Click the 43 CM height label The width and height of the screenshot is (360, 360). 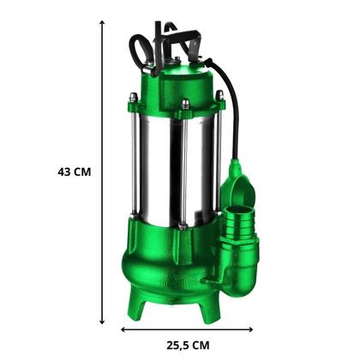coord(75,172)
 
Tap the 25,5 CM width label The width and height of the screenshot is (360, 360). coord(188,345)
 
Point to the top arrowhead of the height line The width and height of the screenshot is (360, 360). coord(102,22)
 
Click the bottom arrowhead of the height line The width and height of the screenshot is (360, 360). coord(102,322)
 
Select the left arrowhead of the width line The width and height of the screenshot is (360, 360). coord(123,329)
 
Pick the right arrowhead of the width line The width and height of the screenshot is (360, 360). coord(250,329)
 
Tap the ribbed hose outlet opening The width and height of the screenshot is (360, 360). coord(237,211)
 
